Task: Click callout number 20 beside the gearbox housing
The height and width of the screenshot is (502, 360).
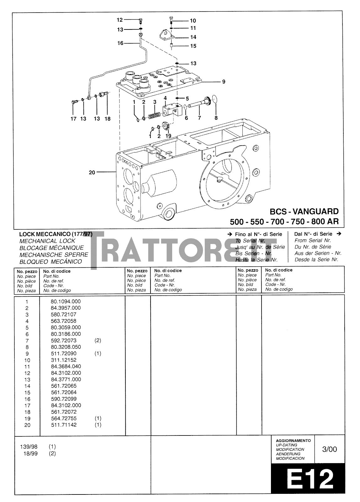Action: (92, 172)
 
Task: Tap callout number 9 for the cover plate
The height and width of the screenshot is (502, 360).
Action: (224, 82)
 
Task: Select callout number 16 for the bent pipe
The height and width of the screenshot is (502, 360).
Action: (120, 43)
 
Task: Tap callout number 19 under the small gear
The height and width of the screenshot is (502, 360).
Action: (168, 136)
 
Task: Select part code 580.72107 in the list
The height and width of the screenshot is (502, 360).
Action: (63, 314)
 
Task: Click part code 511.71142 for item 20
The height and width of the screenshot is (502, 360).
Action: (63, 425)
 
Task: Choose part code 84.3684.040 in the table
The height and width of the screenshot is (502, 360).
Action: (66, 366)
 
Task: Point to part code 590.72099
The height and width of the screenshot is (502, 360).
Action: (63, 399)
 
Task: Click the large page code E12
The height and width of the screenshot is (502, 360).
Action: (309, 479)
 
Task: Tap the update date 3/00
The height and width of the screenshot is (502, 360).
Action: (330, 449)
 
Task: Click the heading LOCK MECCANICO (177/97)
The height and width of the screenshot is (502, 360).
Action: (56, 234)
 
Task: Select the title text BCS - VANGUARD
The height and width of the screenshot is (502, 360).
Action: (304, 211)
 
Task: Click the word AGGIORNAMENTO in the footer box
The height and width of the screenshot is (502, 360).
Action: (293, 441)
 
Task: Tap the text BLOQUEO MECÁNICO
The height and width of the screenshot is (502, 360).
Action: (50, 262)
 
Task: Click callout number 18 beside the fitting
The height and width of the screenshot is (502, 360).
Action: (108, 119)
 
